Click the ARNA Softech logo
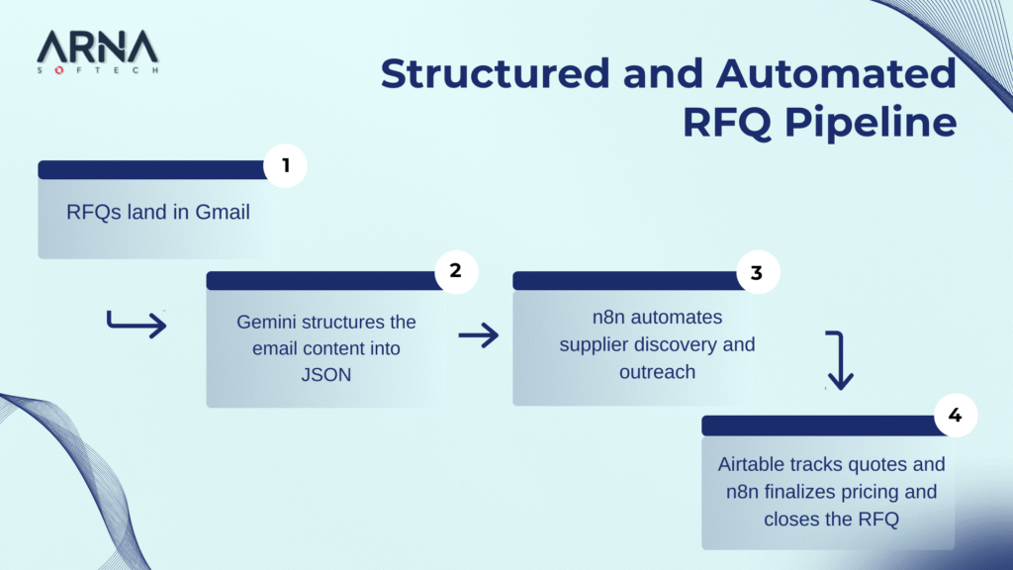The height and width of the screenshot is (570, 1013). [x=97, y=52]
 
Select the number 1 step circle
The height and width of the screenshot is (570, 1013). [x=286, y=166]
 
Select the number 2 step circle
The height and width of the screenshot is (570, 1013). [x=456, y=270]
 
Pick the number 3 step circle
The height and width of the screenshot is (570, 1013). [x=757, y=273]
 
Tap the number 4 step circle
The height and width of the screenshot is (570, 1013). [x=955, y=416]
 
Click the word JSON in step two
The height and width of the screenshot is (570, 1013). [x=326, y=374]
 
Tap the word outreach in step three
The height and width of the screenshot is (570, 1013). [x=658, y=372]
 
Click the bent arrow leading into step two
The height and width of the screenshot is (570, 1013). [x=137, y=323]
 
